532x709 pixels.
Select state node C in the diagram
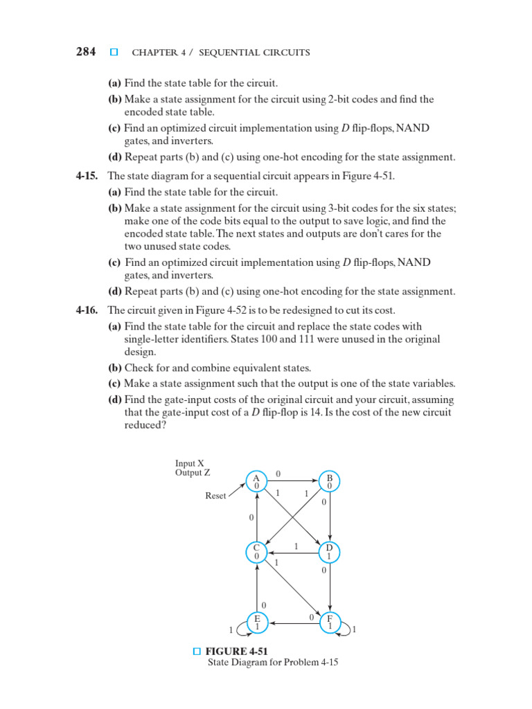tap(256, 552)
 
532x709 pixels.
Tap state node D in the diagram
tap(330, 552)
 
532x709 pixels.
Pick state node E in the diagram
tap(257, 622)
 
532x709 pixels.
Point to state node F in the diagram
tap(330, 622)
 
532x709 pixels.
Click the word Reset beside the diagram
tap(215, 496)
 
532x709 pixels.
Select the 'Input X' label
tap(190, 463)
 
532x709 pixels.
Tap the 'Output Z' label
tap(193, 473)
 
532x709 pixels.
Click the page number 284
tap(86, 52)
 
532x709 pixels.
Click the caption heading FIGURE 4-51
tap(236, 651)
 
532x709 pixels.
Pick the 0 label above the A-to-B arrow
tap(278, 474)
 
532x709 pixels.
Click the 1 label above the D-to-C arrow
tap(296, 546)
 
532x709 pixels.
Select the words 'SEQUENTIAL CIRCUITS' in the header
tap(265, 53)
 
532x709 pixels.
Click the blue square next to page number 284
tap(114, 52)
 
